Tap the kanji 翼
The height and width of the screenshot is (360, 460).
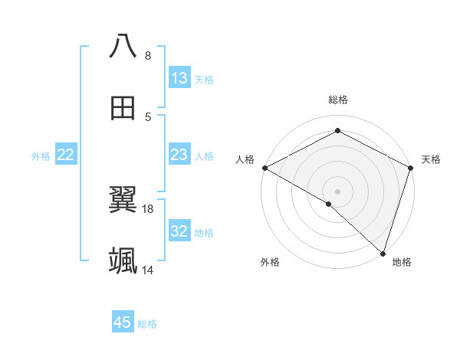[x=123, y=200]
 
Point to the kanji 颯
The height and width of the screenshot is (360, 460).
[x=123, y=261]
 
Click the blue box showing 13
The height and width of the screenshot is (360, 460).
[x=179, y=78]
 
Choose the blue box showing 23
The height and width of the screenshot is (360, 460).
[x=179, y=155]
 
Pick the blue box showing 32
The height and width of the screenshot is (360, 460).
[x=179, y=232]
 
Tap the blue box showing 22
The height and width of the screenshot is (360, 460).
[x=66, y=155]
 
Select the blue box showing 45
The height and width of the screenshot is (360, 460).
[x=123, y=322]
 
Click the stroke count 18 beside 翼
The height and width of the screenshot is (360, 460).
[x=148, y=208]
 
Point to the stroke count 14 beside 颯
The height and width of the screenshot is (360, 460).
[x=148, y=270]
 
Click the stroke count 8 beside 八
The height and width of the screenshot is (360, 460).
[x=148, y=55]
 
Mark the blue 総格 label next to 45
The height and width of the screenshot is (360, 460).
[x=147, y=324]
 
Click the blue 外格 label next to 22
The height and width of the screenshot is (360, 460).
[x=41, y=156]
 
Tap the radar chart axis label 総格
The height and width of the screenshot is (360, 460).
[x=338, y=100]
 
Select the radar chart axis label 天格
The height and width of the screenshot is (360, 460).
[x=431, y=159]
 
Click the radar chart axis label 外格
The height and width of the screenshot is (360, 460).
[x=270, y=262]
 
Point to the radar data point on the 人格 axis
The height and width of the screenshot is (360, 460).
[x=264, y=168]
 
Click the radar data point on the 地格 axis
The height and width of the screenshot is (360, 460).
[x=383, y=253]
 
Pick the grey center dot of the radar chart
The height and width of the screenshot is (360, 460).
[x=337, y=191]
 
